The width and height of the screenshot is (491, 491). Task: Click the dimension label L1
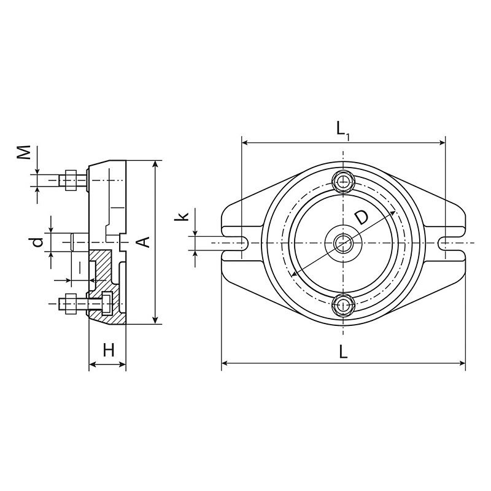[x=343, y=130]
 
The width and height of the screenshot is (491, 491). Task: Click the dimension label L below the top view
[x=344, y=352]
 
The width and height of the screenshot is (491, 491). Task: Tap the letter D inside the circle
[x=361, y=218]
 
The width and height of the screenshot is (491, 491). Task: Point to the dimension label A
[x=143, y=242]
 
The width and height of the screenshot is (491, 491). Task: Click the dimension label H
[x=109, y=350]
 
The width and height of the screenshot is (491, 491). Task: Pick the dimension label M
[x=24, y=152]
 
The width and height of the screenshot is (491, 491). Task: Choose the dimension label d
[x=38, y=242]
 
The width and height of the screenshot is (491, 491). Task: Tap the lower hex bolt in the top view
[x=344, y=304]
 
